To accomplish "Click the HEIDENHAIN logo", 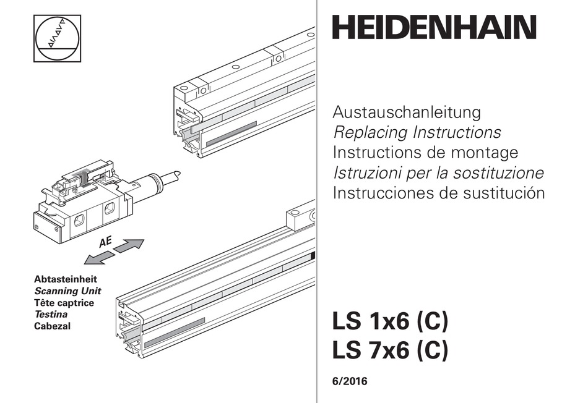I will click(x=434, y=28).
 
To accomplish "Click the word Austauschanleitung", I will click(x=407, y=113).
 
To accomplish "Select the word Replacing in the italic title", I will click(x=370, y=132).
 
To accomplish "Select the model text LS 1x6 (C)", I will click(x=389, y=323).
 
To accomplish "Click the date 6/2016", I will click(x=350, y=382).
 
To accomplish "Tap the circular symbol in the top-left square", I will click(x=57, y=38).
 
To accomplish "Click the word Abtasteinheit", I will click(x=65, y=279).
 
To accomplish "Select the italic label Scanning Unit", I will click(x=67, y=291).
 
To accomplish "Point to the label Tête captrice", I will click(x=64, y=303).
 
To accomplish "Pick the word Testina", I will click(x=51, y=315).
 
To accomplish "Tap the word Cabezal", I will click(x=53, y=326).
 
